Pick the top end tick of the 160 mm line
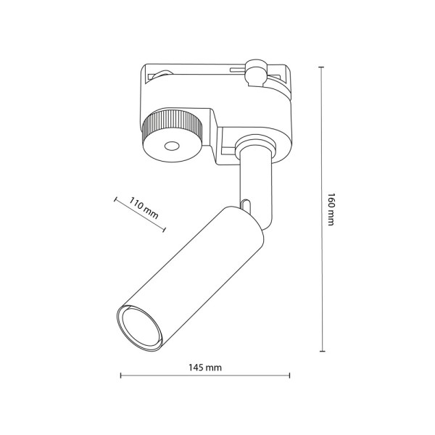321,67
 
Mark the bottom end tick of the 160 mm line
321,351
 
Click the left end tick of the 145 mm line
120,376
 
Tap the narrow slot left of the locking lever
236,70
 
